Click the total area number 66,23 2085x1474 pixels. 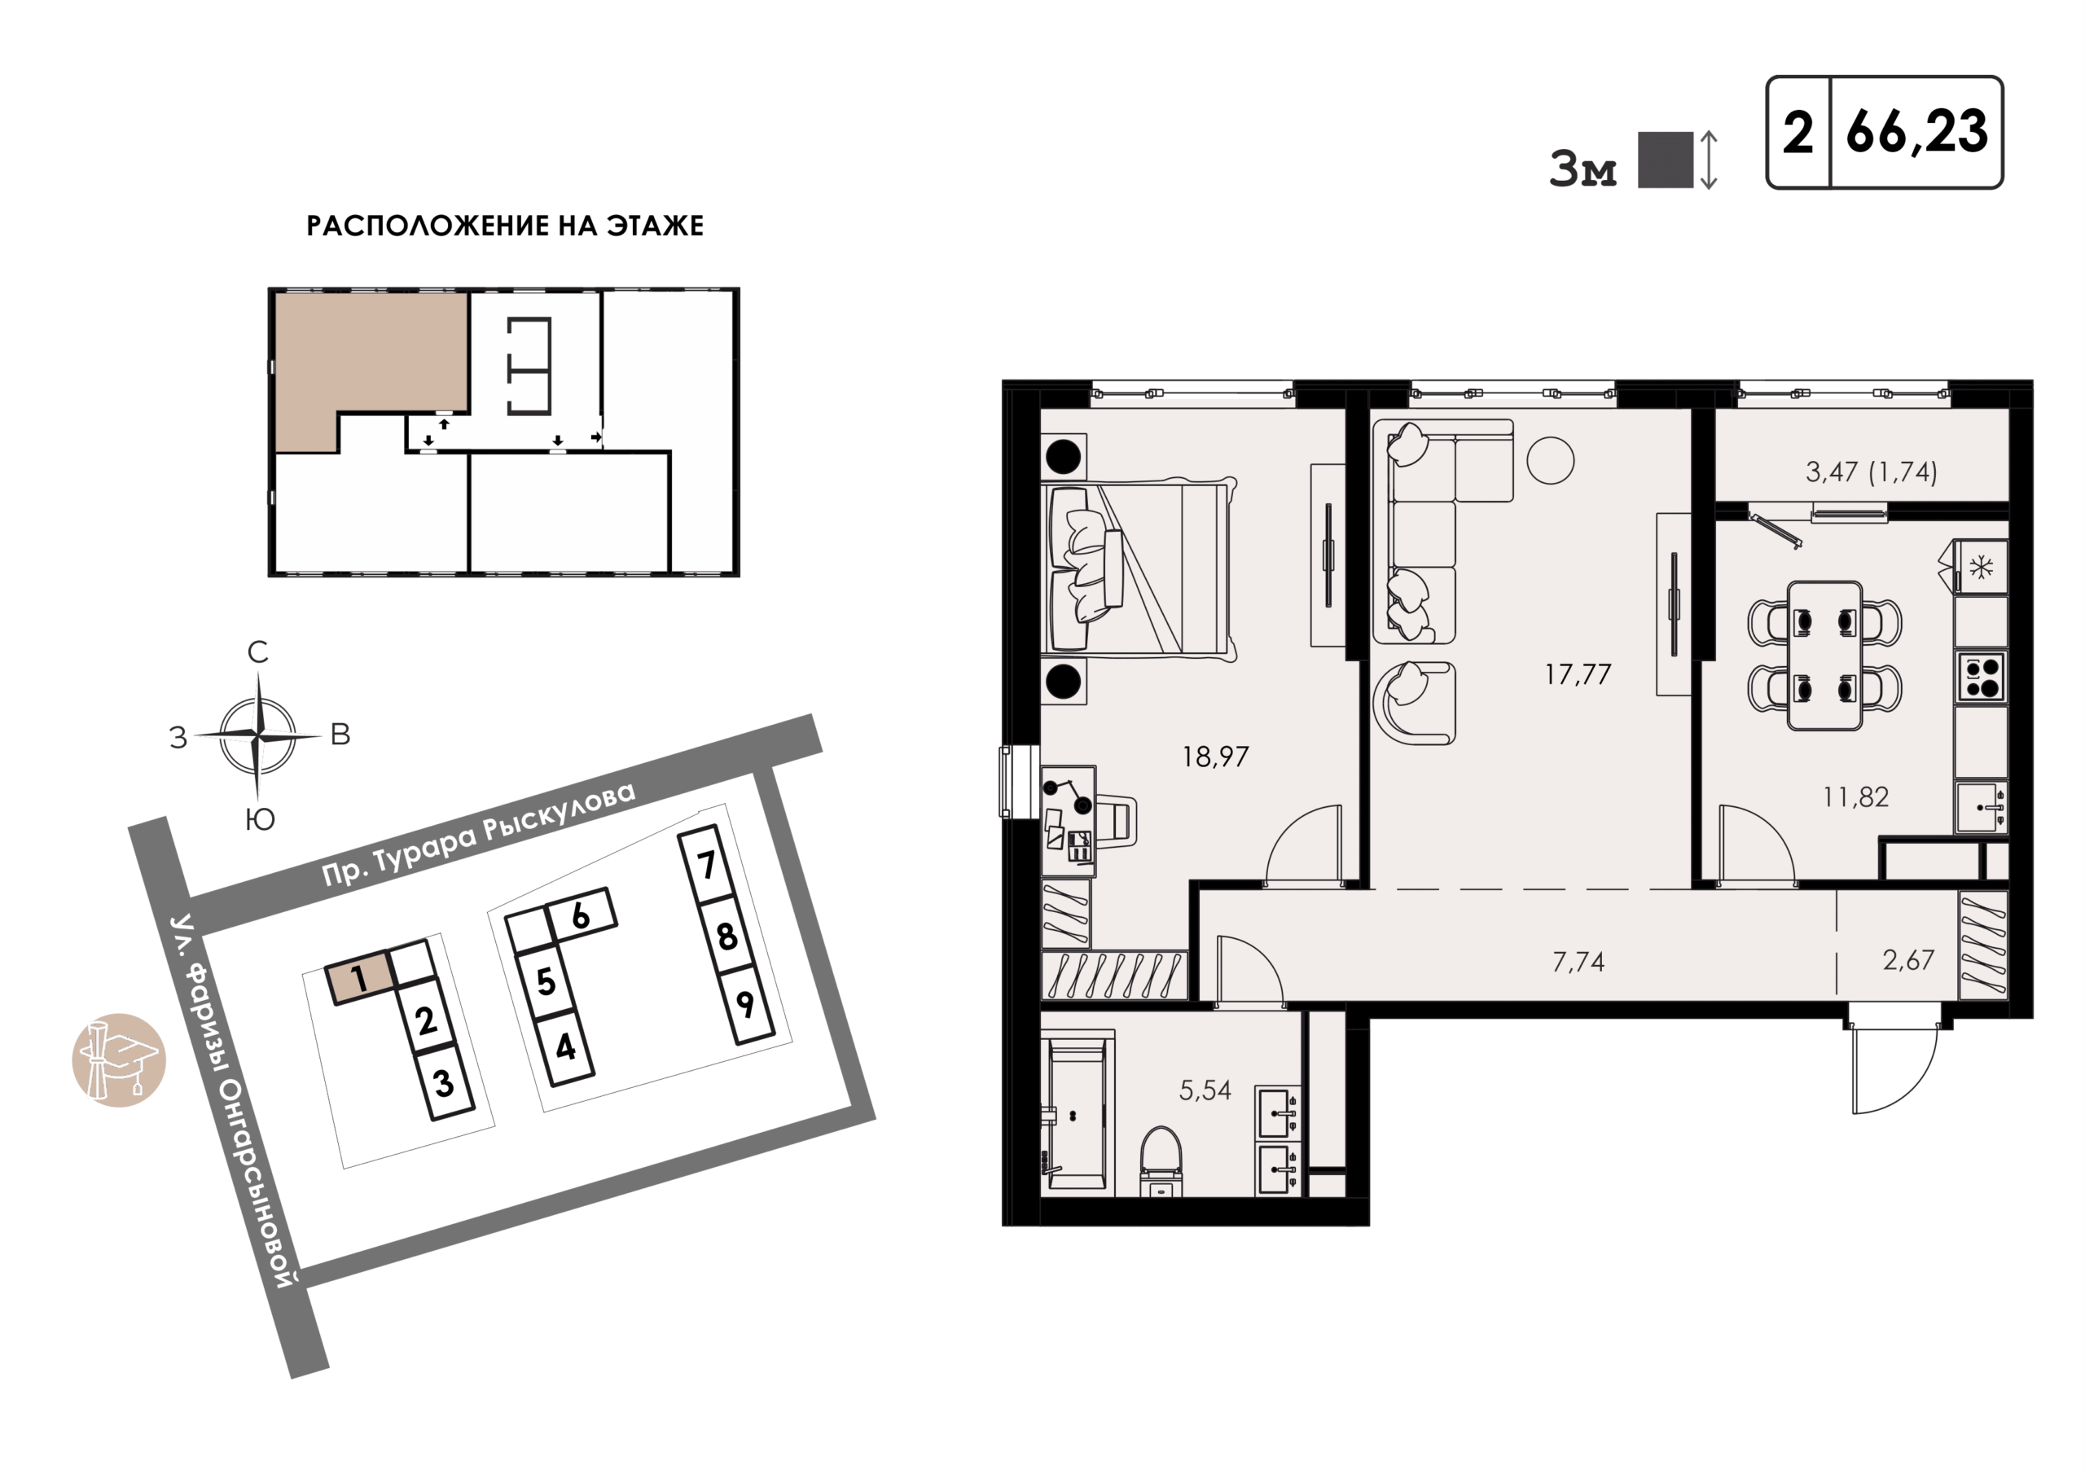1916,133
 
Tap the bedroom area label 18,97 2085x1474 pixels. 1215,757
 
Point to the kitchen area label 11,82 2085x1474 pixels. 1855,796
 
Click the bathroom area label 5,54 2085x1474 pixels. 1205,1090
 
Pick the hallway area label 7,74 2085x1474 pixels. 1578,961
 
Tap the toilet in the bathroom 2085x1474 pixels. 1161,1161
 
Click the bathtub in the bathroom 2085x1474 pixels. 1077,1112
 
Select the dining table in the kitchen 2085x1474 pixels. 1824,656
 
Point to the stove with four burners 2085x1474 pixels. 1981,678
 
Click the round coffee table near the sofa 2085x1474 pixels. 1550,462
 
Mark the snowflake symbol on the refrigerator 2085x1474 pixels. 1981,568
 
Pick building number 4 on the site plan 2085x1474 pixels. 565,1047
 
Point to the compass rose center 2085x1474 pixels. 259,735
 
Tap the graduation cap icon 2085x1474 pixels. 119,1059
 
